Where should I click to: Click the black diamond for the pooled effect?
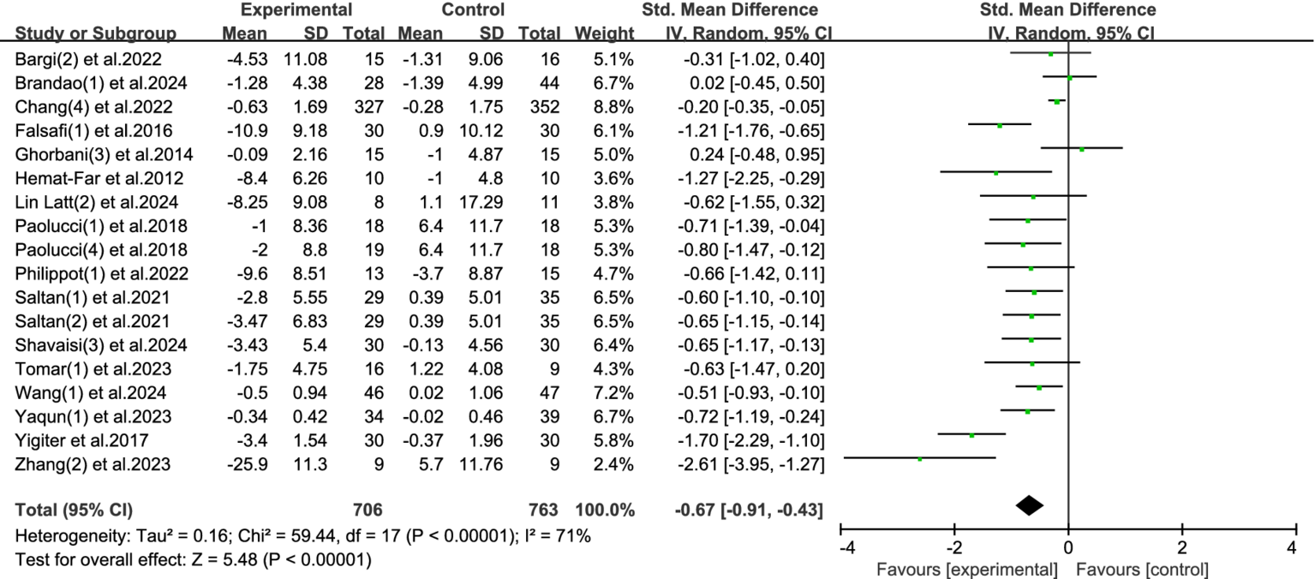click(x=1030, y=506)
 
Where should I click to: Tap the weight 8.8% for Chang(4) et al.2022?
click(x=615, y=107)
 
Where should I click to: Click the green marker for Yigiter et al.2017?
click(x=971, y=435)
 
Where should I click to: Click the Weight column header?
click(x=605, y=34)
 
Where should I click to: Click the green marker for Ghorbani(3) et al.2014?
click(x=1082, y=149)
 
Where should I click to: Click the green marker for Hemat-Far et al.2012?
click(x=996, y=173)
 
